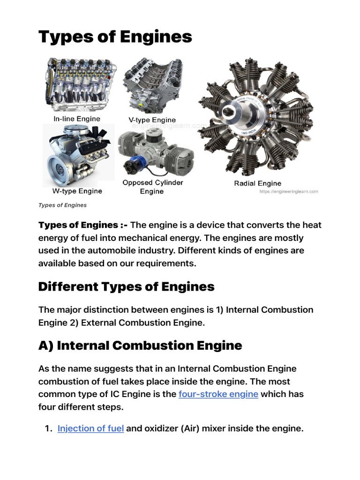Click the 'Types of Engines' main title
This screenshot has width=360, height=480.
pos(115,36)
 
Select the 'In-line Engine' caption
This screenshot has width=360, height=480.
pos(77,119)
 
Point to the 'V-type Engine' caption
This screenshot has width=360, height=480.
pos(152,120)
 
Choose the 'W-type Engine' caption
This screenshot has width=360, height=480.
pos(77,191)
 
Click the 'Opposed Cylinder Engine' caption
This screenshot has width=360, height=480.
pos(152,187)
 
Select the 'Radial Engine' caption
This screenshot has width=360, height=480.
pos(257,183)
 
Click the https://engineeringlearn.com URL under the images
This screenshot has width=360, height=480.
pos(288,191)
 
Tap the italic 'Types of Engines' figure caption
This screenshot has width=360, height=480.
pos(62,205)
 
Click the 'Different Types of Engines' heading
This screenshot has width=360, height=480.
pos(126,286)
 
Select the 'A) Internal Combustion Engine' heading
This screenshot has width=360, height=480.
pos(140,345)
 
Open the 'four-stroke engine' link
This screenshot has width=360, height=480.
pos(218,394)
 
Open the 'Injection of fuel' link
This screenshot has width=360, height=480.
pos(90,428)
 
